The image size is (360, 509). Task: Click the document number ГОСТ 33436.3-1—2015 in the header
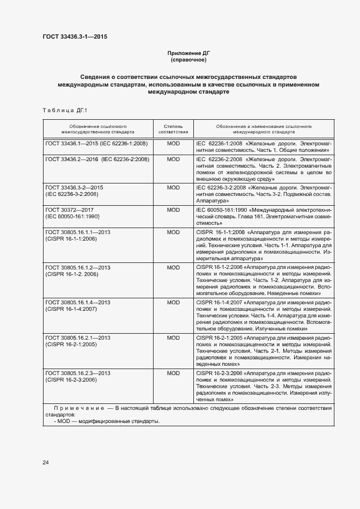(x=75, y=37)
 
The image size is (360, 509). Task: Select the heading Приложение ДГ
(x=188, y=53)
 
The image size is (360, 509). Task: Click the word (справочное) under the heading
(x=188, y=60)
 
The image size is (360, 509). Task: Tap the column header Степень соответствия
(x=173, y=128)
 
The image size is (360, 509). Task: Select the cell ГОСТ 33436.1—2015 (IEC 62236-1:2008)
(x=96, y=143)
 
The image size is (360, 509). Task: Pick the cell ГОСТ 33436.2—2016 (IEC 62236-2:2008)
(x=97, y=159)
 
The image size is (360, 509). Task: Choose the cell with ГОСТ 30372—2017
(x=71, y=210)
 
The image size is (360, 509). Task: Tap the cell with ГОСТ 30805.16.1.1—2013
(x=78, y=232)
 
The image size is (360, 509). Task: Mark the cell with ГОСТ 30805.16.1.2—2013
(x=78, y=267)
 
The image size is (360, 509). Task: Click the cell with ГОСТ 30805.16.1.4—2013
(x=78, y=302)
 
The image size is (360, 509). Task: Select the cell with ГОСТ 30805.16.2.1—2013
(x=78, y=338)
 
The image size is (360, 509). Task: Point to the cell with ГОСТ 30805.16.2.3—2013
(x=78, y=373)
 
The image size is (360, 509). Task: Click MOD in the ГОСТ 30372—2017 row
(x=173, y=210)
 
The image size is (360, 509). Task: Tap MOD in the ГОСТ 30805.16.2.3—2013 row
(x=173, y=373)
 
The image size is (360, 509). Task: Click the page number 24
(x=46, y=463)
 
